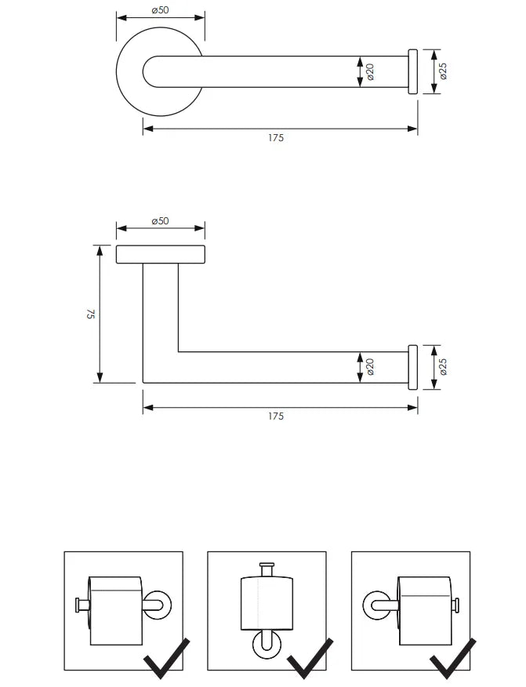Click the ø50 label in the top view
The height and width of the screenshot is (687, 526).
pos(160,9)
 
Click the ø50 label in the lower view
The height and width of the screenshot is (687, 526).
pos(160,221)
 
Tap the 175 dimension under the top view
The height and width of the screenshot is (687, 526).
pos(275,138)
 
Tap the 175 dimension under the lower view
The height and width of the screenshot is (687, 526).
pos(275,416)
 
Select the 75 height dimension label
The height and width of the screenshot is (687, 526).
pos(91,314)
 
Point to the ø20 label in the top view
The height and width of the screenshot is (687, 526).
pos(370,72)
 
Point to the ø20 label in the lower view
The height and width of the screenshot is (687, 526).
pos(370,366)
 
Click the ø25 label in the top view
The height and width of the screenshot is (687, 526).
pos(443,72)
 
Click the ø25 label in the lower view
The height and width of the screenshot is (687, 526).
pos(443,366)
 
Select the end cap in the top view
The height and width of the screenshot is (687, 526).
pos(412,72)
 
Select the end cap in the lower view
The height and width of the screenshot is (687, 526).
pos(412,366)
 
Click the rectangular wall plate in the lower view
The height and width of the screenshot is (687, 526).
pos(160,254)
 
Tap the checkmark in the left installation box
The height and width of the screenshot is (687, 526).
pos(166,659)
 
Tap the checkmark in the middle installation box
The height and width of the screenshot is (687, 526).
pos(310,659)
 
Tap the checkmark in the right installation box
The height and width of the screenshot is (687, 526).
pos(454,659)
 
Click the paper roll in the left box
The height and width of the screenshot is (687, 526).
pos(115,611)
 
